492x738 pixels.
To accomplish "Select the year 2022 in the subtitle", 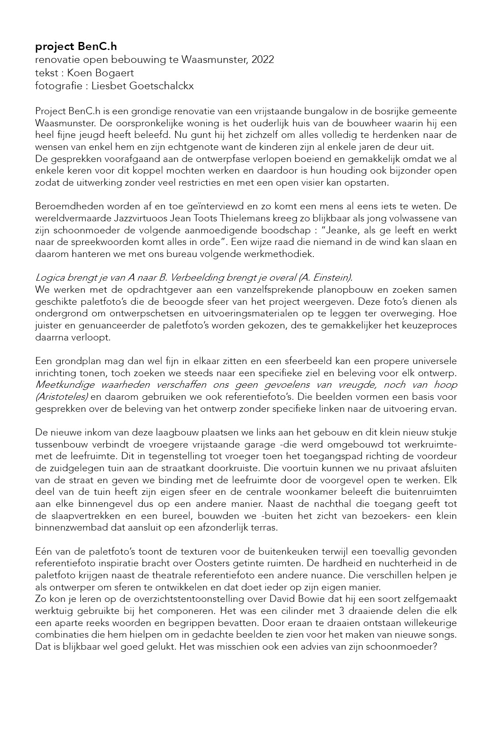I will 263,60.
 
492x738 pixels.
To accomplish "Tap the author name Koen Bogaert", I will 100,73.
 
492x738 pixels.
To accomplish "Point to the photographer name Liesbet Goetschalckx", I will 142,86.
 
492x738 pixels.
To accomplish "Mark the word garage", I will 287,444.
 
